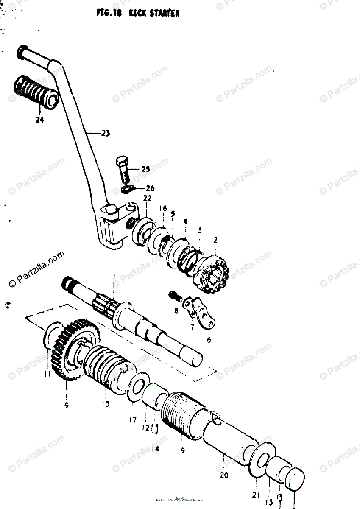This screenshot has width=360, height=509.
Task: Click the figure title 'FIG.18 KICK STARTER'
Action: coord(138,13)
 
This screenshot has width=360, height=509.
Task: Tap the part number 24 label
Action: coord(39,120)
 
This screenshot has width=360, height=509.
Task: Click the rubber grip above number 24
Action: coord(36,92)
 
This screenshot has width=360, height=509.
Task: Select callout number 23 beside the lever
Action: coord(105,134)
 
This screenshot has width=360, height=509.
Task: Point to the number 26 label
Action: coord(150,188)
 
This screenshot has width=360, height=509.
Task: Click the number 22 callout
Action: coord(147,199)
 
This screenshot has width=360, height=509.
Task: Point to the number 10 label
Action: coord(105,404)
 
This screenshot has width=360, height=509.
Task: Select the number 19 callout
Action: coord(181,450)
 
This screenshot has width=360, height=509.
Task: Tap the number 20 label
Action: coord(224,475)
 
